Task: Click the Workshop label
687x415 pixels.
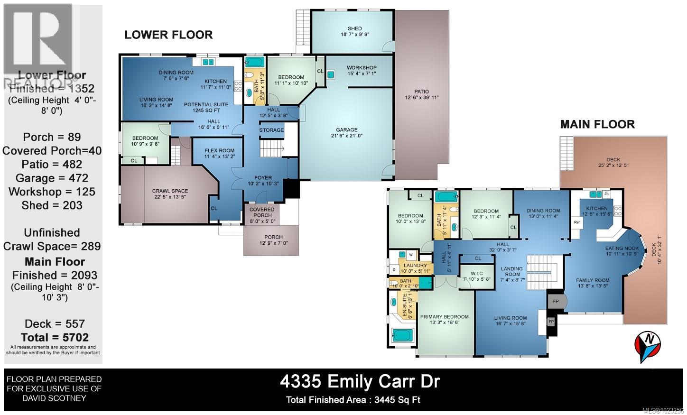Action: click(361, 68)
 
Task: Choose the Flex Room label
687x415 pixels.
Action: click(219, 150)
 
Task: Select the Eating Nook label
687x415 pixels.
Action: click(622, 248)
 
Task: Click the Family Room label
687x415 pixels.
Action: click(592, 280)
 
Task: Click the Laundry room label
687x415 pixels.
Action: click(415, 266)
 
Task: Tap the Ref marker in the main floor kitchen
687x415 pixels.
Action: click(576, 222)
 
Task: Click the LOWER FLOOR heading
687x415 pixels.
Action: click(168, 35)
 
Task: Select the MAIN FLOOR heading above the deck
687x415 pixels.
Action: click(597, 124)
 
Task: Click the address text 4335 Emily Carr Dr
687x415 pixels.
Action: click(360, 381)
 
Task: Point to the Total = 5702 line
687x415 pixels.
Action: click(53, 337)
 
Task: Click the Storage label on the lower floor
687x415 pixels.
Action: click(271, 130)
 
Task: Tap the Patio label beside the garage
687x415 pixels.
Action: click(421, 92)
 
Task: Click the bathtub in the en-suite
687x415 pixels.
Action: click(403, 335)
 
